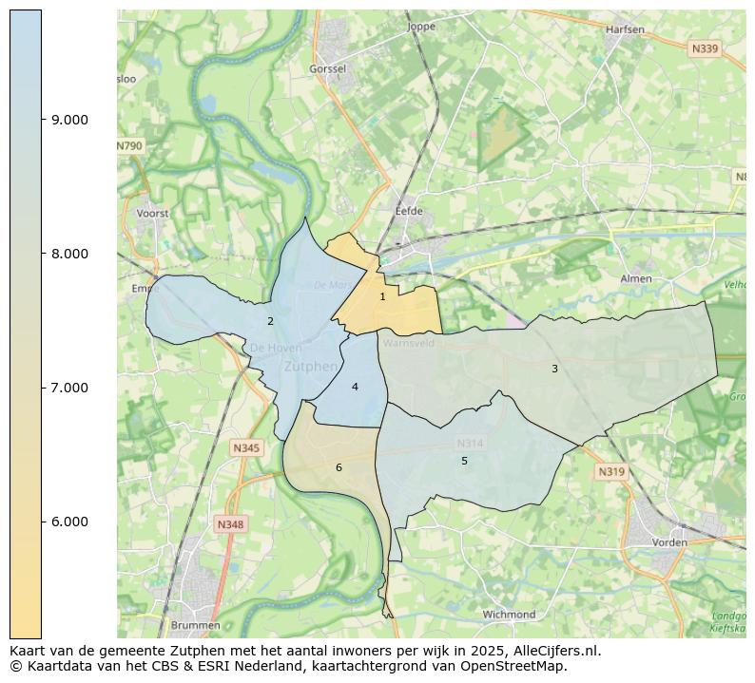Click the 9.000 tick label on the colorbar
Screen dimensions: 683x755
[x=69, y=120]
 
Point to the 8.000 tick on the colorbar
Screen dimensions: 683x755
[x=69, y=254]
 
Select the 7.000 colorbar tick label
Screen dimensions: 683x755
[x=69, y=388]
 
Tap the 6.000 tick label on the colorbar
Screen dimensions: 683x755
[x=69, y=522]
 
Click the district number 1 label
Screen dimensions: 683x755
[x=382, y=297]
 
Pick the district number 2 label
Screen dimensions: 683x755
[x=270, y=321]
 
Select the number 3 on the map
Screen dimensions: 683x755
[x=554, y=369]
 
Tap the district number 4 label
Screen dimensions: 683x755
[x=355, y=387]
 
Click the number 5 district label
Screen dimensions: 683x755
[x=464, y=461]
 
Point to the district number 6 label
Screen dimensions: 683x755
[x=339, y=467]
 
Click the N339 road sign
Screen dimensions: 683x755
[x=705, y=48]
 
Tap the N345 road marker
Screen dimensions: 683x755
[x=246, y=447]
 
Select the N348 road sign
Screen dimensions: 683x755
[x=230, y=524]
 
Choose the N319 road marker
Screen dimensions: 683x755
[x=611, y=471]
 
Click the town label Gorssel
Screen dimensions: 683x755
[x=328, y=69]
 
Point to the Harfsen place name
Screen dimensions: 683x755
[x=625, y=29]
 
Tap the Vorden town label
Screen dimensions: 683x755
[x=669, y=542]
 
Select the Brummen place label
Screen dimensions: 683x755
[x=196, y=625]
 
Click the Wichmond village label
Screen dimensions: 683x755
[x=509, y=615]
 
